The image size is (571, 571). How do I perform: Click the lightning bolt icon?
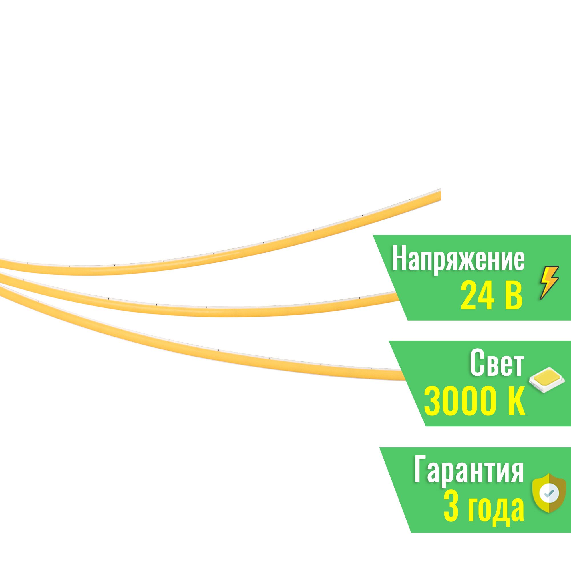pos(549,282)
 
